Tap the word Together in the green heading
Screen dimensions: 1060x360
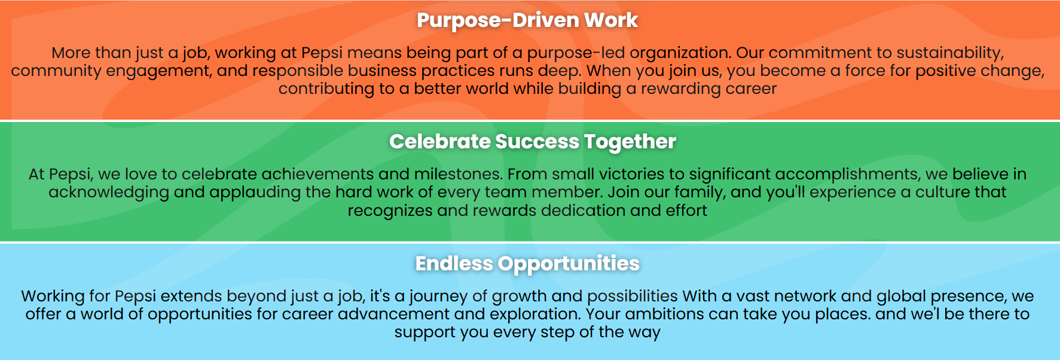(x=630, y=142)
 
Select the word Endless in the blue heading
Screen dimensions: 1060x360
(x=454, y=263)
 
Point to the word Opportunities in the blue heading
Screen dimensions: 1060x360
(x=569, y=264)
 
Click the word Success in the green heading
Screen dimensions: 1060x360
(x=537, y=142)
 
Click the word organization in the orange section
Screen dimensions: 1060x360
(x=680, y=53)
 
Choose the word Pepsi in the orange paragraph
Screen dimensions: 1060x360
(x=322, y=53)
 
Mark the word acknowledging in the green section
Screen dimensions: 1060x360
(x=109, y=193)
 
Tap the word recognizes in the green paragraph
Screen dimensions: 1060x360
(x=390, y=211)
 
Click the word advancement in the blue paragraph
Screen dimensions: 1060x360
(x=393, y=314)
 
